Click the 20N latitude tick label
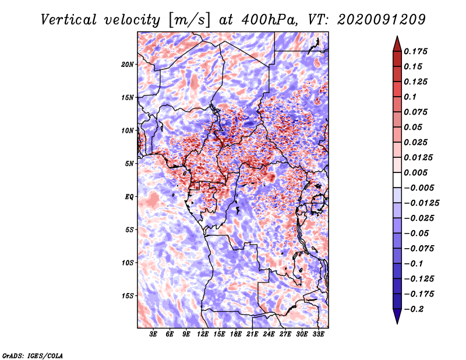(128, 64)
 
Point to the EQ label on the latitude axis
(129, 196)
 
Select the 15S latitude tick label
(128, 295)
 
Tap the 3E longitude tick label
(154, 334)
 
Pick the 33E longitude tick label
(318, 334)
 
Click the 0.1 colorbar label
(410, 97)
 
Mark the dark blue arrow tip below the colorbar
(397, 321)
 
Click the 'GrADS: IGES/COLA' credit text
(32, 355)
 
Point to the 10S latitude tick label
(128, 263)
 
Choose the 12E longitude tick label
(203, 334)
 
